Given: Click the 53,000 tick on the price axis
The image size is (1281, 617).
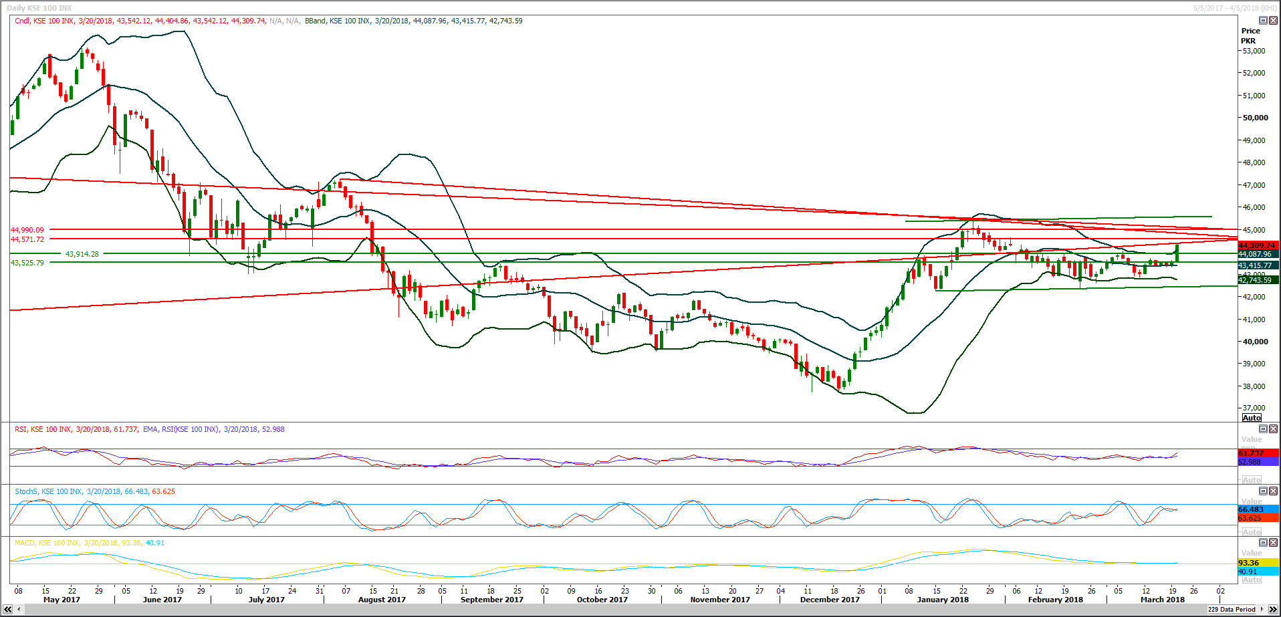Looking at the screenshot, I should point(1254,51).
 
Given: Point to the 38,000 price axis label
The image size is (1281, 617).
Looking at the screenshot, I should point(1254,386).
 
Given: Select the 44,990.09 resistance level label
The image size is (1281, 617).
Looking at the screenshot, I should point(27,230).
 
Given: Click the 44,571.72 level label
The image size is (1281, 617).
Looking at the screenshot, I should point(27,239).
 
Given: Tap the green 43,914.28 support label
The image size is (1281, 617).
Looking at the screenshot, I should point(82,254).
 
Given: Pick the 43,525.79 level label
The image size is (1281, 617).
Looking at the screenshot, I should point(27,263).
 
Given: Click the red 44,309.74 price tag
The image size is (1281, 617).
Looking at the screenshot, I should point(1257,245).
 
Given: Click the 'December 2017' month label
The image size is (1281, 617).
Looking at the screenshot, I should point(830,600).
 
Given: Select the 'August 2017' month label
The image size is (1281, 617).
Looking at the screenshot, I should point(382,600).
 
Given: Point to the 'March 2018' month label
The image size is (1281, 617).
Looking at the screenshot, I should point(1162,600).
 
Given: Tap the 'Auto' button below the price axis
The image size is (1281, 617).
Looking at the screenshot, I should point(1252,418).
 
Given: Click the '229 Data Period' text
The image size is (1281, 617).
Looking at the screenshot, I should point(1232,609).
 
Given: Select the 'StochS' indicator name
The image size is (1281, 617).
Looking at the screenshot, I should point(26,491).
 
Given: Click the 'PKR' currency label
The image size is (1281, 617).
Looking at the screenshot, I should point(1248,41).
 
